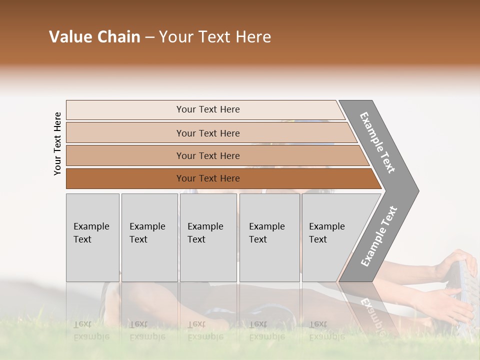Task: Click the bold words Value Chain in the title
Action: pyautogui.click(x=94, y=37)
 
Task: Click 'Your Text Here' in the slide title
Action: pyautogui.click(x=215, y=37)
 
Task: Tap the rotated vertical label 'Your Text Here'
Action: pyautogui.click(x=57, y=143)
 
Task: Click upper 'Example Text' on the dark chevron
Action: pyautogui.click(x=377, y=142)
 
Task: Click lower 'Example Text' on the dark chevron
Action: pyautogui.click(x=378, y=236)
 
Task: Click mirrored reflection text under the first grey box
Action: pyautogui.click(x=91, y=330)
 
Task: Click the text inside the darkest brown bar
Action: pyautogui.click(x=208, y=178)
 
